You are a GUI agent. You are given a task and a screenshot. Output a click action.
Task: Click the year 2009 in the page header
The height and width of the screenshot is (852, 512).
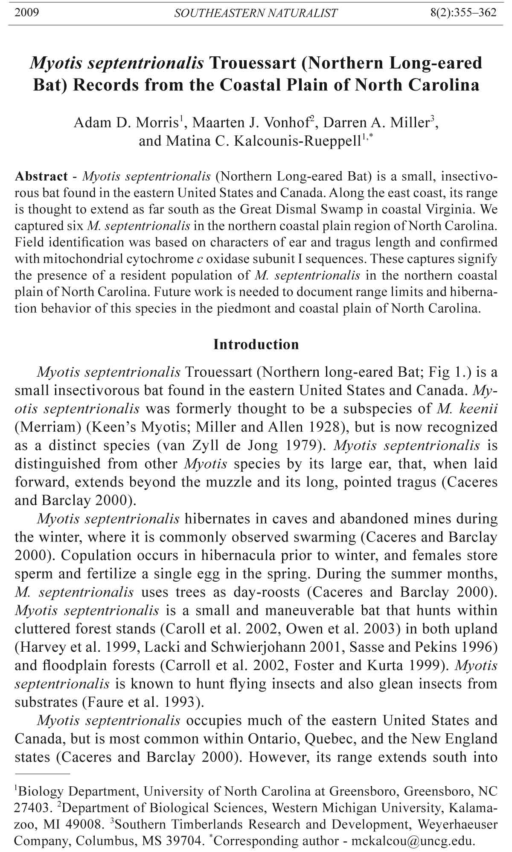tap(26, 13)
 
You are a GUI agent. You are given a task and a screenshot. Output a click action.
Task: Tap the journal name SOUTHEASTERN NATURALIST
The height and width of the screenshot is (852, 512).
tap(256, 13)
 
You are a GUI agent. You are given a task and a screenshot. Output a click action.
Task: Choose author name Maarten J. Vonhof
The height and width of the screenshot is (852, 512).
tap(251, 123)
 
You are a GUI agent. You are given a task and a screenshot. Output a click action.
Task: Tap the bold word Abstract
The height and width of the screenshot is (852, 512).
tap(41, 176)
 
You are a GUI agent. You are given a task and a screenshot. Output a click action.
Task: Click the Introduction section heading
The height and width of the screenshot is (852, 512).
tap(256, 345)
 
